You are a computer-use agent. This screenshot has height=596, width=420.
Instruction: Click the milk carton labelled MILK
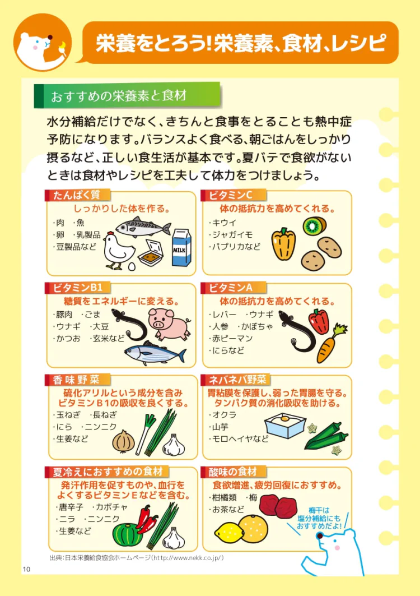pyautogui.click(x=181, y=247)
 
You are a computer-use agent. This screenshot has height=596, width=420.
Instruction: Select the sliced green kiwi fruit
pyautogui.click(x=314, y=226)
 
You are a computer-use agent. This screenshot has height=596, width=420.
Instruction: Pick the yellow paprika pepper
pyautogui.click(x=283, y=244)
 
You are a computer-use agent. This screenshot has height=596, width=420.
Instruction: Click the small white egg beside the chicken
pyautogui.click(x=132, y=267)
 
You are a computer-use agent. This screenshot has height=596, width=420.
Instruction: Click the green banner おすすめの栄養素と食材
pyautogui.click(x=127, y=95)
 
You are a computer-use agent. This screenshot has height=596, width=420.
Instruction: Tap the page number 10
pyautogui.click(x=26, y=569)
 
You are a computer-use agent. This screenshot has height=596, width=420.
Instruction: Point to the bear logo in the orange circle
pyautogui.click(x=43, y=43)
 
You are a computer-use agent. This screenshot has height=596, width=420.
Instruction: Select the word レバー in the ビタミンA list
pyautogui.click(x=224, y=315)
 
